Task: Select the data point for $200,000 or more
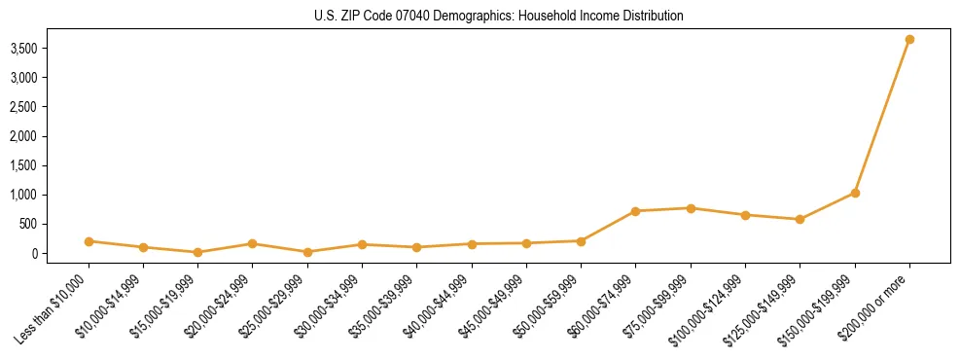pos(909,40)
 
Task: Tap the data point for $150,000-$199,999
pos(855,193)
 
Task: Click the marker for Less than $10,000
pos(89,241)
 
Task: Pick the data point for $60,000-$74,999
pos(635,211)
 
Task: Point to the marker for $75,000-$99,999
pos(691,208)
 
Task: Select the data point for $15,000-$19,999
pos(198,252)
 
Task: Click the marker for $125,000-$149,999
pos(800,219)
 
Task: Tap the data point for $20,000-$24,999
pos(253,243)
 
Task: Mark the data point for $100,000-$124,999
pos(745,215)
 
